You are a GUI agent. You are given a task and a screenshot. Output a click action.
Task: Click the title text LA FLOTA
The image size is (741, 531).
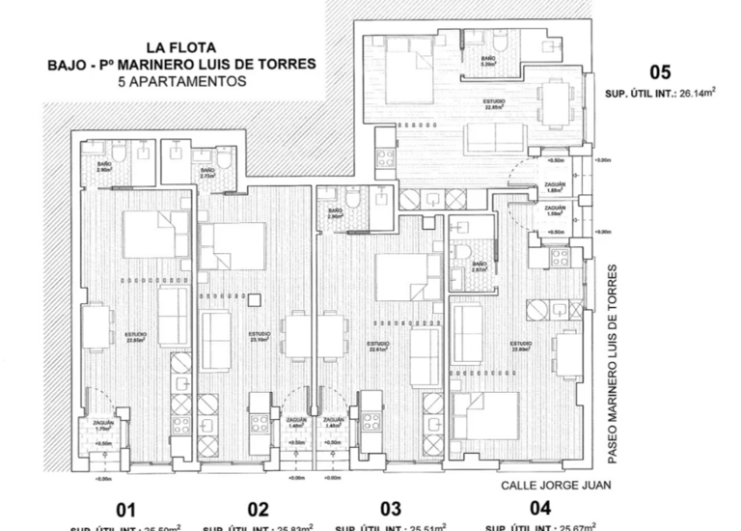coord(180,46)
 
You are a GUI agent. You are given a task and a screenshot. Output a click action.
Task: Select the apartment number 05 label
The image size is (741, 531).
coord(660,72)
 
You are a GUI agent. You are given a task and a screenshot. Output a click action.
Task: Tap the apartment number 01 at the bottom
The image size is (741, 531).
coord(126,510)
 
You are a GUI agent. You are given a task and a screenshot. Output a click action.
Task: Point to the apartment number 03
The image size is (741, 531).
coord(390,509)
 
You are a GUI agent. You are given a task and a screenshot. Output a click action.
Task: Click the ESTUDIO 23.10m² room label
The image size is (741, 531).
coord(260,337)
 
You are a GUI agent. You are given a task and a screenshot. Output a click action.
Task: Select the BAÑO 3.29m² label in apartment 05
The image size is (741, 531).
coord(488,62)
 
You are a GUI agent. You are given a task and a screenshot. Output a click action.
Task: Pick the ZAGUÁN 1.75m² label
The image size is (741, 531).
coord(103,425)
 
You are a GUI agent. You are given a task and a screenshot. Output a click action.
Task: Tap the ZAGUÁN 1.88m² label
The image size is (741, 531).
coord(555,187)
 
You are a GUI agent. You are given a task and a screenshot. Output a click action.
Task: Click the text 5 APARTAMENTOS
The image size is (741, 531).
coord(180,82)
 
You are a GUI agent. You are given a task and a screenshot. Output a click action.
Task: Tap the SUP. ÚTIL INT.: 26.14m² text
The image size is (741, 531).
coord(659,94)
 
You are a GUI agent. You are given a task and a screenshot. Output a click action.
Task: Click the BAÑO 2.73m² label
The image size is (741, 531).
coord(207,174)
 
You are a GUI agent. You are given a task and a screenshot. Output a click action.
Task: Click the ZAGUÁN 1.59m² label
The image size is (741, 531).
coord(555,211)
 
